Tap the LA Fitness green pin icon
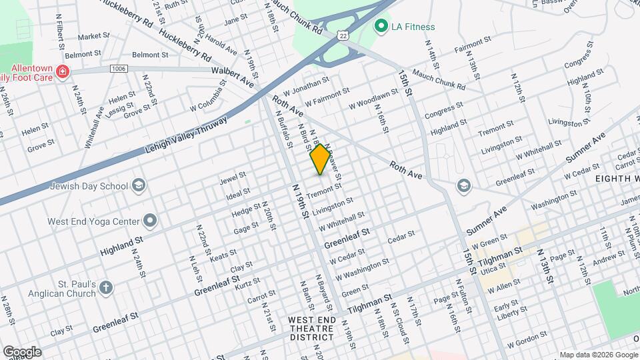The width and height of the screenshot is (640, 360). [x=381, y=27]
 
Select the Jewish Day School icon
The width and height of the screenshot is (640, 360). [x=139, y=185]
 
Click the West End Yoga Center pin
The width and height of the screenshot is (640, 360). [x=151, y=221]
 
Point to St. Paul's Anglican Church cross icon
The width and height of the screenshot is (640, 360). [x=106, y=289]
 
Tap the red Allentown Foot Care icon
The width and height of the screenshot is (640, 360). [x=62, y=71]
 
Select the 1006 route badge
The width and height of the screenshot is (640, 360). [x=119, y=69]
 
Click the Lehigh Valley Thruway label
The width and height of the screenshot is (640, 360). [x=186, y=136]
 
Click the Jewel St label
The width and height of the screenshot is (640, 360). [x=233, y=178]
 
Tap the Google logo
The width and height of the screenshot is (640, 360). [x=21, y=352]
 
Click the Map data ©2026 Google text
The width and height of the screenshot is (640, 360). [x=598, y=355]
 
